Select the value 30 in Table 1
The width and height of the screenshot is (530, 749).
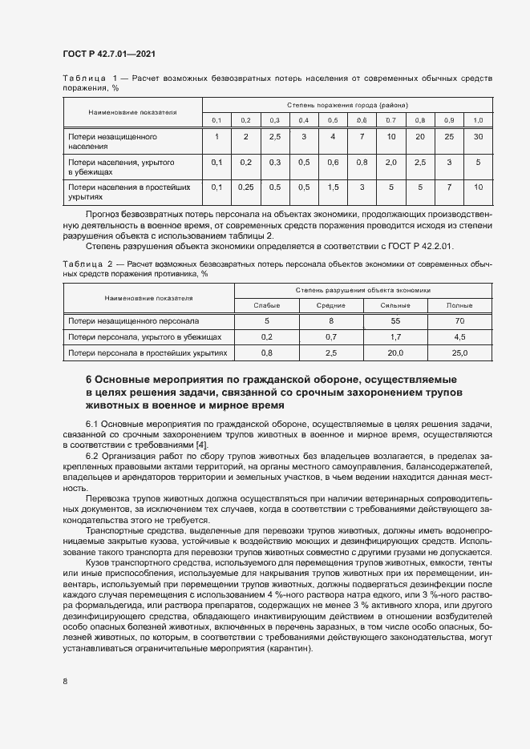[478, 137]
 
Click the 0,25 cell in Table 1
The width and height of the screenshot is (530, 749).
[245, 187]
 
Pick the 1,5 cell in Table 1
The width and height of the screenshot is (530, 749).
[333, 187]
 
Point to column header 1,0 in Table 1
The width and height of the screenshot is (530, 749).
[478, 119]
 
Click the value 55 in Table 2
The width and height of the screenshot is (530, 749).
[395, 321]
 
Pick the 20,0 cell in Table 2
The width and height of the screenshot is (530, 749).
[395, 352]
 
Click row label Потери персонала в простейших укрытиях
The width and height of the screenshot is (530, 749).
[148, 352]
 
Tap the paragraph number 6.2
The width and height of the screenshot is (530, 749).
[92, 456]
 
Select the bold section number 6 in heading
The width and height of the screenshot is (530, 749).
[89, 379]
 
